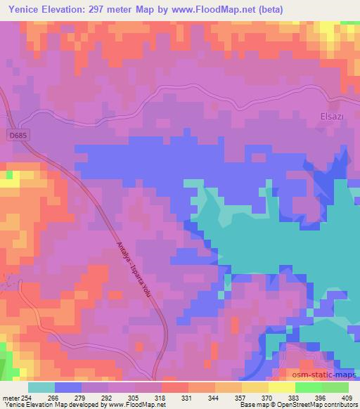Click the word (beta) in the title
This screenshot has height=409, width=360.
click(x=307, y=9)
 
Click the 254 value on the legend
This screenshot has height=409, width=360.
click(x=26, y=396)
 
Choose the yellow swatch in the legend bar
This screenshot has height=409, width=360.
click(x=281, y=387)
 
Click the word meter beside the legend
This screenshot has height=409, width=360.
click(x=9, y=396)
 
